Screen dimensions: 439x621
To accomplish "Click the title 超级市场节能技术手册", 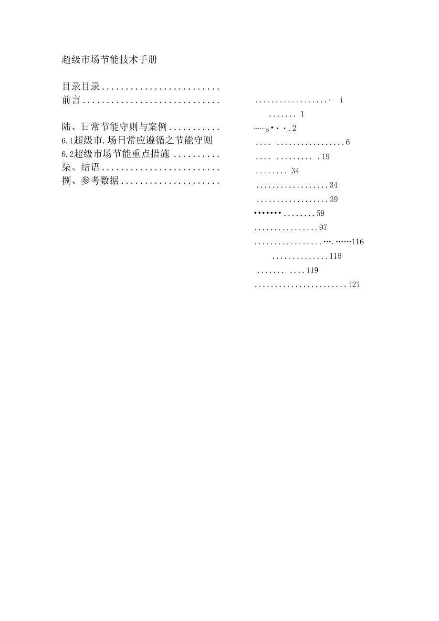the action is [109, 60].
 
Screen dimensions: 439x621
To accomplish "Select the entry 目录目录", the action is [81, 86].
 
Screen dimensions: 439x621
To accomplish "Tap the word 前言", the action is [71, 100].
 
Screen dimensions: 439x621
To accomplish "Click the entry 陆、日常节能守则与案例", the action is [114, 126].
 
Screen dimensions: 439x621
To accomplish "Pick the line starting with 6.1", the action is [137, 140].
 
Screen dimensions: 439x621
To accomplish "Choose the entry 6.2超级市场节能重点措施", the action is [115, 154].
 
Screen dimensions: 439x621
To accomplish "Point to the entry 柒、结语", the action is [81, 167].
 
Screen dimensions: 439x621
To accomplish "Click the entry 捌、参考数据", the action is [90, 180].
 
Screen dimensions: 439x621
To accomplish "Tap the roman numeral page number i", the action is [342, 100].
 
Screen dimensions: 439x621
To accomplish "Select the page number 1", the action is [302, 114].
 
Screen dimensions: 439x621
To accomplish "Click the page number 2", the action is [294, 128].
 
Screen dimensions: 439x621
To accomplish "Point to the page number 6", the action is [348, 143].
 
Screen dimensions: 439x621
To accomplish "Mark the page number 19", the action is [325, 157].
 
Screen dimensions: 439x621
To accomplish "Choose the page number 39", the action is [334, 200].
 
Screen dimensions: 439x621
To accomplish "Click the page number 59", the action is [320, 213].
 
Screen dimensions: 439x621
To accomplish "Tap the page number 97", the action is [323, 228].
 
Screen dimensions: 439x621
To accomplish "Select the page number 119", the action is [312, 270].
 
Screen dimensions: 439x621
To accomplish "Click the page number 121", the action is [354, 284].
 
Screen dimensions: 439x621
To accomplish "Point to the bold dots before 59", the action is [267, 213].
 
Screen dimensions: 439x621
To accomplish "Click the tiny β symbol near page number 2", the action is [267, 130].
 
